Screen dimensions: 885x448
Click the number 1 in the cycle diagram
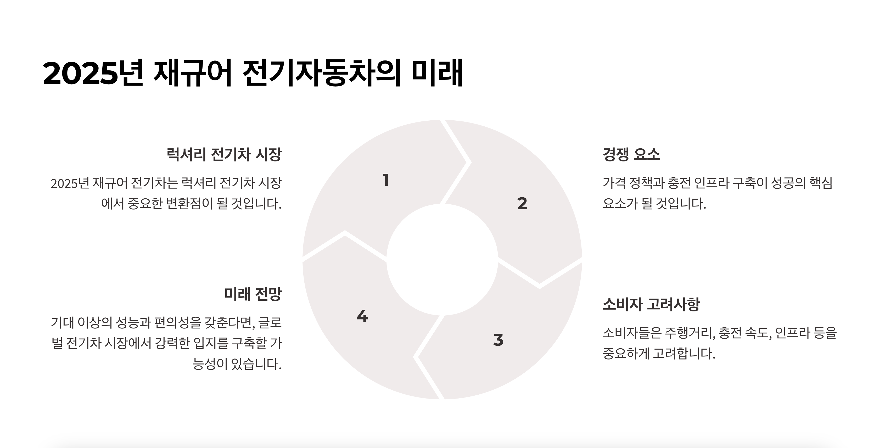click(386, 180)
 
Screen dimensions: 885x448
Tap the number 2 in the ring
click(522, 204)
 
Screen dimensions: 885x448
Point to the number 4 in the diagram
click(362, 316)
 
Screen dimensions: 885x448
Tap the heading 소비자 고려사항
click(651, 304)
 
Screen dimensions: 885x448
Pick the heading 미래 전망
click(253, 294)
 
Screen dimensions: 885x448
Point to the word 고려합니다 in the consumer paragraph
click(684, 354)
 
